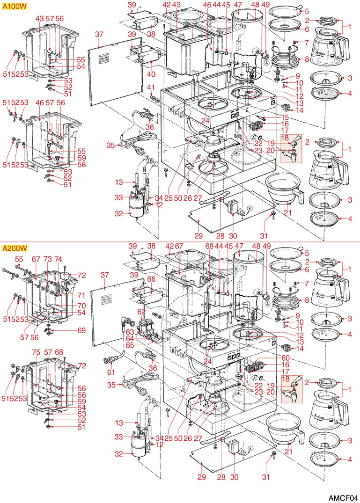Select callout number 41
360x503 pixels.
pos(151,87)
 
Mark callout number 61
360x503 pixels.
pos(110,372)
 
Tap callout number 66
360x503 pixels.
pos(151,279)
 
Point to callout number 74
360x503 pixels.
pos(58,259)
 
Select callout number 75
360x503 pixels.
pos(35,352)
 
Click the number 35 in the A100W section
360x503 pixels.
pos(110,146)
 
